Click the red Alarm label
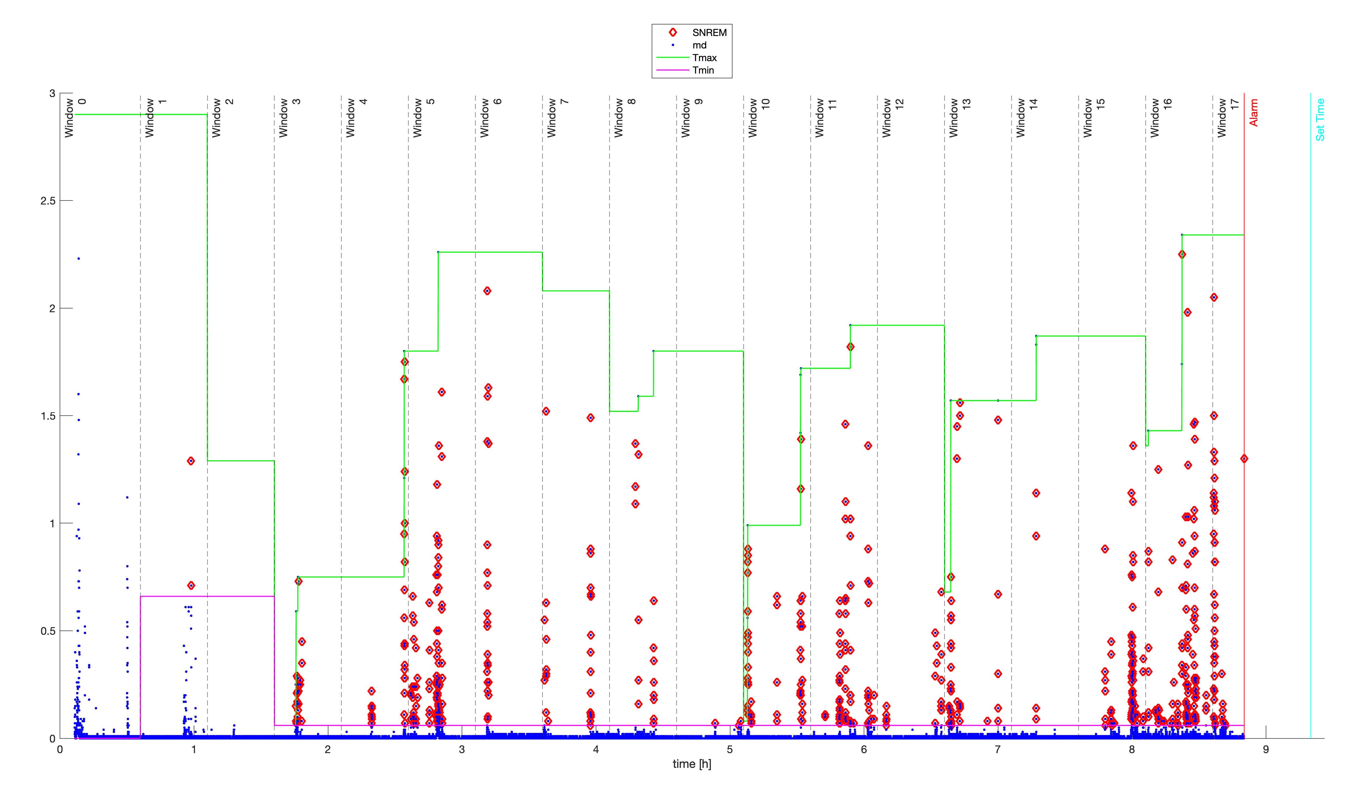tap(1253, 113)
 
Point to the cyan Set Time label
tap(1320, 120)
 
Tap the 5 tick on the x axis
tap(730, 749)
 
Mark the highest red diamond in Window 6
tap(487, 291)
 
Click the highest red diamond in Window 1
tap(191, 461)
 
